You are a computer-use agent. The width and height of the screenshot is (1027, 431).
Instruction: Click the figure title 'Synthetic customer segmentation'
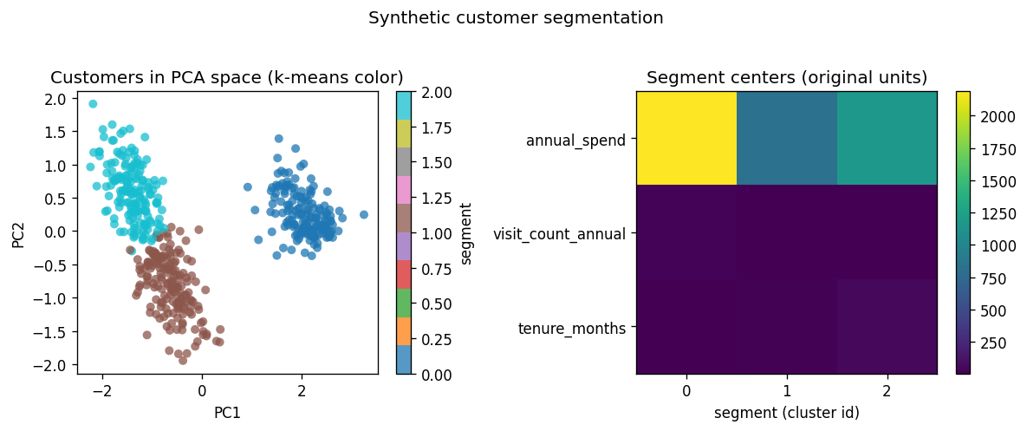coord(516,18)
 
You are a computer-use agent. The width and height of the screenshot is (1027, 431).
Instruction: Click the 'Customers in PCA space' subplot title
coord(227,77)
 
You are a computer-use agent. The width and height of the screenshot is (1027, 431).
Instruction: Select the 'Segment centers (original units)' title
coord(787,77)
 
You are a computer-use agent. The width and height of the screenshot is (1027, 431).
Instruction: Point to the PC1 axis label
coord(227,413)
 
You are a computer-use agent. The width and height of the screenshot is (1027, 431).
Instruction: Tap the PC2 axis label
coord(19,232)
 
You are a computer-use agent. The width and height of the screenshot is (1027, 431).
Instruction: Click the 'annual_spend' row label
coord(575,139)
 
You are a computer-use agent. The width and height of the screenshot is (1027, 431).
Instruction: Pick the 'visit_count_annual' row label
coord(559,232)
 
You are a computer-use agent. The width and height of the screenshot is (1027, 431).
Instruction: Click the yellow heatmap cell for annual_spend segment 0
coord(686,138)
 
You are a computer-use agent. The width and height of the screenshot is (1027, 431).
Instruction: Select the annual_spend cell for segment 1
coord(787,138)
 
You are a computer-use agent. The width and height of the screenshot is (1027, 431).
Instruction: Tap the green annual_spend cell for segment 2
coord(887,138)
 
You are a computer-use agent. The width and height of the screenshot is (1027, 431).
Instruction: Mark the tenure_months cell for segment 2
coord(887,327)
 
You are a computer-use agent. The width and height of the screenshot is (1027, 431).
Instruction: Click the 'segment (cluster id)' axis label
coord(787,413)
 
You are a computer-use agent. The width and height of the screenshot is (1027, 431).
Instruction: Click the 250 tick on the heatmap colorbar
coord(991,343)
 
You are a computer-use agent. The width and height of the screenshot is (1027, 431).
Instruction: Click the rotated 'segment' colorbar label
coord(466,232)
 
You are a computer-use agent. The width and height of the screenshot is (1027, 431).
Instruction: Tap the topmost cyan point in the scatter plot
coord(93,104)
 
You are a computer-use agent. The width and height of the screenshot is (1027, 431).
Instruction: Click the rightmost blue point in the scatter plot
coord(364,214)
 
